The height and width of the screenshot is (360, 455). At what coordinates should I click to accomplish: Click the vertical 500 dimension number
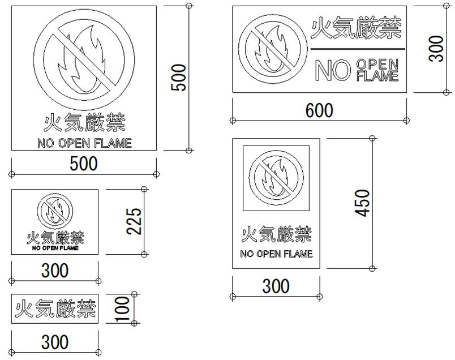pyautogui.click(x=178, y=78)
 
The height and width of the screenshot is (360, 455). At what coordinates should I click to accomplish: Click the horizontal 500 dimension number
pyautogui.click(x=84, y=164)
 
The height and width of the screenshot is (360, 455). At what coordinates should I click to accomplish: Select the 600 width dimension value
pyautogui.click(x=319, y=110)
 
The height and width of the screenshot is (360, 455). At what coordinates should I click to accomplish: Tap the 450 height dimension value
pyautogui.click(x=362, y=203)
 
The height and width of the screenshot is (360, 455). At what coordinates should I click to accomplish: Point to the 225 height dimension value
pyautogui.click(x=134, y=221)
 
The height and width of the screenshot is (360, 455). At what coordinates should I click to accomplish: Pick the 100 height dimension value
pyautogui.click(x=122, y=309)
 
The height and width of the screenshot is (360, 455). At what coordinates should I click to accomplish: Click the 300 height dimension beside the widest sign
pyautogui.click(x=436, y=49)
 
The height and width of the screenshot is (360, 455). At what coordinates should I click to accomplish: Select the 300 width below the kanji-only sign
pyautogui.click(x=55, y=342)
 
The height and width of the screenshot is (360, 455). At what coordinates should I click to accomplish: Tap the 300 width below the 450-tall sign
pyautogui.click(x=276, y=286)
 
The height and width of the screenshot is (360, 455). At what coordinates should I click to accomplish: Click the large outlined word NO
pyautogui.click(x=333, y=70)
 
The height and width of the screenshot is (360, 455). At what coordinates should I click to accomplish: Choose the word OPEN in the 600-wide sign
pyautogui.click(x=377, y=64)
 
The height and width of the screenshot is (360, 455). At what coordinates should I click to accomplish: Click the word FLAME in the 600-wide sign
pyautogui.click(x=377, y=76)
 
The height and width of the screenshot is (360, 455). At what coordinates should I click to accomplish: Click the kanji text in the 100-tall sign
pyautogui.click(x=55, y=308)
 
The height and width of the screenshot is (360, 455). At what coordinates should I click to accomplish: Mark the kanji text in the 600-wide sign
pyautogui.click(x=356, y=28)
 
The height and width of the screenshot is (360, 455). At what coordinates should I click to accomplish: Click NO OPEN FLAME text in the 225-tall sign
pyautogui.click(x=55, y=248)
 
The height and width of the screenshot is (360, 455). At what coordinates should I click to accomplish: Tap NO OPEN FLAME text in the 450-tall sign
pyautogui.click(x=276, y=254)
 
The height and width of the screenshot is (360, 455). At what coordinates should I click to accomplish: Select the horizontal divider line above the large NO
pyautogui.click(x=358, y=49)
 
